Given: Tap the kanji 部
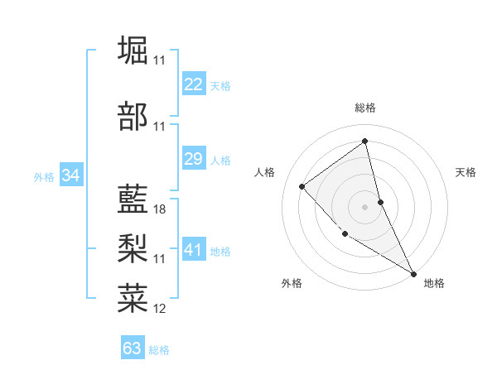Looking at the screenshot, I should [133, 117].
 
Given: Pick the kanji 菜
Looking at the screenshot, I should [133, 297].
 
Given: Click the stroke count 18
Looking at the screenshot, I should [160, 209].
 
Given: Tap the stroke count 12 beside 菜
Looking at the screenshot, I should [160, 309].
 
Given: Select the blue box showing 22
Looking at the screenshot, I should [194, 84].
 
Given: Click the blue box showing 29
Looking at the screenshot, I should [194, 159].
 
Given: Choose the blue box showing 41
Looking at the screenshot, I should [194, 249].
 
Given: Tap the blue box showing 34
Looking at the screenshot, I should [71, 175].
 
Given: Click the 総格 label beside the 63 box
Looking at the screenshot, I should [159, 350].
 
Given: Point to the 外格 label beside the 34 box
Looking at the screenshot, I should [44, 176].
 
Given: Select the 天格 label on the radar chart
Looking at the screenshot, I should [466, 172].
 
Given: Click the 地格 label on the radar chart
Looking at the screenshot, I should [434, 283].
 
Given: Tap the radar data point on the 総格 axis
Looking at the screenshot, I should [364, 141].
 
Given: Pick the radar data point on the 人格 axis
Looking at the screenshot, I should [302, 186].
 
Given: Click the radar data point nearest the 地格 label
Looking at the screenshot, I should [413, 274].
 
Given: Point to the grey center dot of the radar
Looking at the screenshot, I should [364, 206].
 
